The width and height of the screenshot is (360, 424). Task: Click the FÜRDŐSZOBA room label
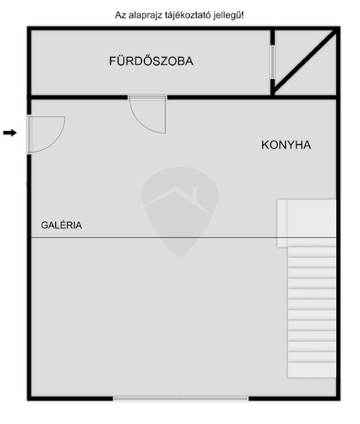151,61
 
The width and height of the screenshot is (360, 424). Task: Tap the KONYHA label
286,145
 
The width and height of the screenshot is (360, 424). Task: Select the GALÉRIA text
61,225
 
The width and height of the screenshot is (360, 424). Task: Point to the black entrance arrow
10,133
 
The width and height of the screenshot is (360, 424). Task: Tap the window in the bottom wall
181,399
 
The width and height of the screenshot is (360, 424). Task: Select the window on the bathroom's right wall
272,62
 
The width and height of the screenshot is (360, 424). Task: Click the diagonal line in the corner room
305,61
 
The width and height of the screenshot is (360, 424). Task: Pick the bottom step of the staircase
312,370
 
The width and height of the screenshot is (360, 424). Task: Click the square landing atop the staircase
306,223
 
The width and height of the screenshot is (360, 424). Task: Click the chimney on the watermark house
194,192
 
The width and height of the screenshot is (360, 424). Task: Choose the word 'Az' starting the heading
121,15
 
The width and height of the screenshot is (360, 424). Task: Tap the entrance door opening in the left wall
29,134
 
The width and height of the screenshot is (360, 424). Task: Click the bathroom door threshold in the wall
148,98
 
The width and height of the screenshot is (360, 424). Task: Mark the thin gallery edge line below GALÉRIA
184,237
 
